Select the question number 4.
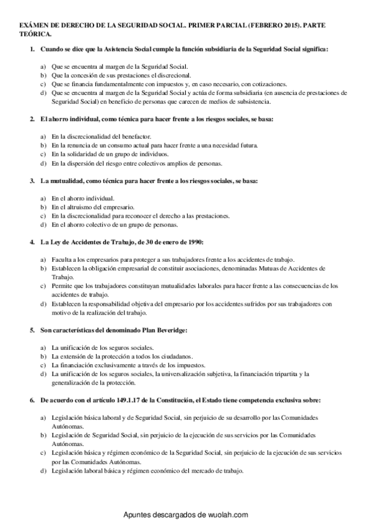(32, 241)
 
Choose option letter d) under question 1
(42, 92)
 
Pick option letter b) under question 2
(42, 145)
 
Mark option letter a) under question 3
(42, 198)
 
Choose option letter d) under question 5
(42, 374)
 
